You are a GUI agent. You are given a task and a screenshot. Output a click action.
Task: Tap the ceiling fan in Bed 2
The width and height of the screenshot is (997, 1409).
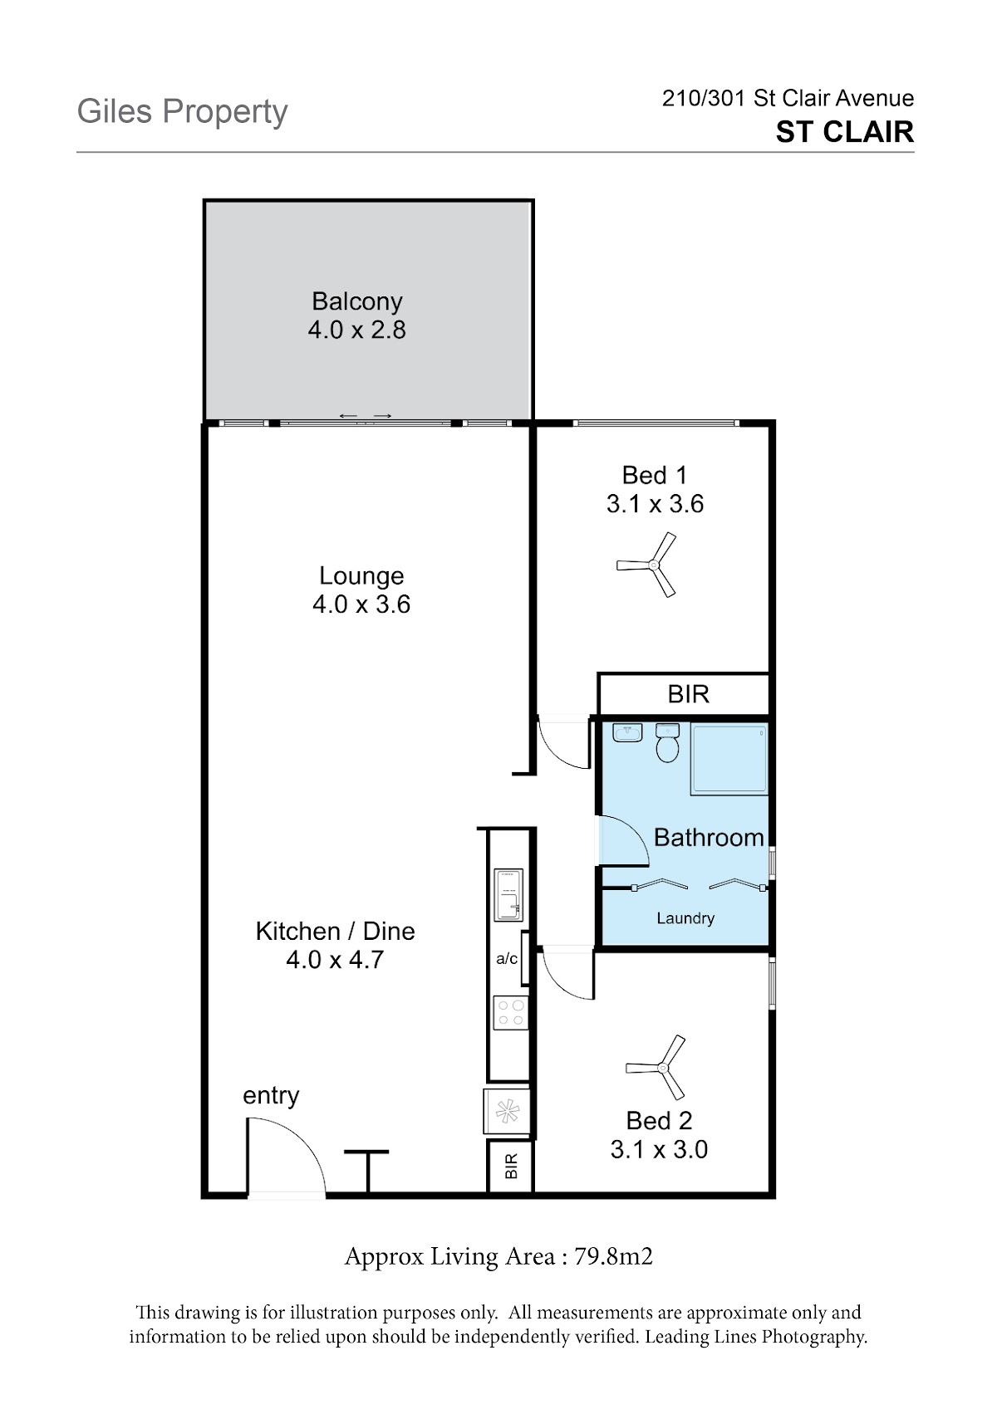click(661, 1068)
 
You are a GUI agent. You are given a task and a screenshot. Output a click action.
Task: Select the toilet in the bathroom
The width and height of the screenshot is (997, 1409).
click(667, 742)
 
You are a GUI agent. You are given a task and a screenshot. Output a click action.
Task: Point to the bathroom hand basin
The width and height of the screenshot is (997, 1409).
click(627, 732)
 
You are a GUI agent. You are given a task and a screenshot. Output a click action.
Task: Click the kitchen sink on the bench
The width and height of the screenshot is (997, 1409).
click(508, 895)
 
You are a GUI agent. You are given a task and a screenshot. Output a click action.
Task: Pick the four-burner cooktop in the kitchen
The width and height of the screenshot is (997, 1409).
click(510, 1012)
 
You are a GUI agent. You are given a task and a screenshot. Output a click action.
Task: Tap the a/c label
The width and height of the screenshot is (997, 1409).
click(507, 959)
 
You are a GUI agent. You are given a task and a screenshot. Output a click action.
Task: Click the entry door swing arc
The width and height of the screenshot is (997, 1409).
click(301, 1140)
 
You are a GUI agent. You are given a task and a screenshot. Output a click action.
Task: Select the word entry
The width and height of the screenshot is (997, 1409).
click(271, 1096)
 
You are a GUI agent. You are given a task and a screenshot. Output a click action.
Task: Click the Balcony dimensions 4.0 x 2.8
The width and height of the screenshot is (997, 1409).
click(357, 330)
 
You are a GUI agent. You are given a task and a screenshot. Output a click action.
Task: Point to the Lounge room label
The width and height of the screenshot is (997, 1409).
click(361, 576)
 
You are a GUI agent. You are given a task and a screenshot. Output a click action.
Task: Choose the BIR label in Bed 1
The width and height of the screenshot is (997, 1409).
click(688, 694)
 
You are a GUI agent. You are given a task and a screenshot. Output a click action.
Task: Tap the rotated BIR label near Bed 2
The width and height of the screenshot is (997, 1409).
click(511, 1166)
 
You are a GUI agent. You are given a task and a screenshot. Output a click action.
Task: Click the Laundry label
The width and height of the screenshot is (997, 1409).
click(685, 918)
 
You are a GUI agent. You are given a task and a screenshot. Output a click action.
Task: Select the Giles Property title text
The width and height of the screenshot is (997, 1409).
click(183, 113)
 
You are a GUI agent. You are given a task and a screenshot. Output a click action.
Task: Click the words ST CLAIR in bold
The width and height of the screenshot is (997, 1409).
click(845, 132)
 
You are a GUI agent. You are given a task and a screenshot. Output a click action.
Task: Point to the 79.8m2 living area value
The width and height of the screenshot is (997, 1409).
click(614, 1257)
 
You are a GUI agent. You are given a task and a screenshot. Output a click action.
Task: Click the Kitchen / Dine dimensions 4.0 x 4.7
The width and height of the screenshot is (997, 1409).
click(335, 959)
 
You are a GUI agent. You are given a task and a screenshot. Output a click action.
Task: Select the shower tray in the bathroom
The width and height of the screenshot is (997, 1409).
click(729, 759)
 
